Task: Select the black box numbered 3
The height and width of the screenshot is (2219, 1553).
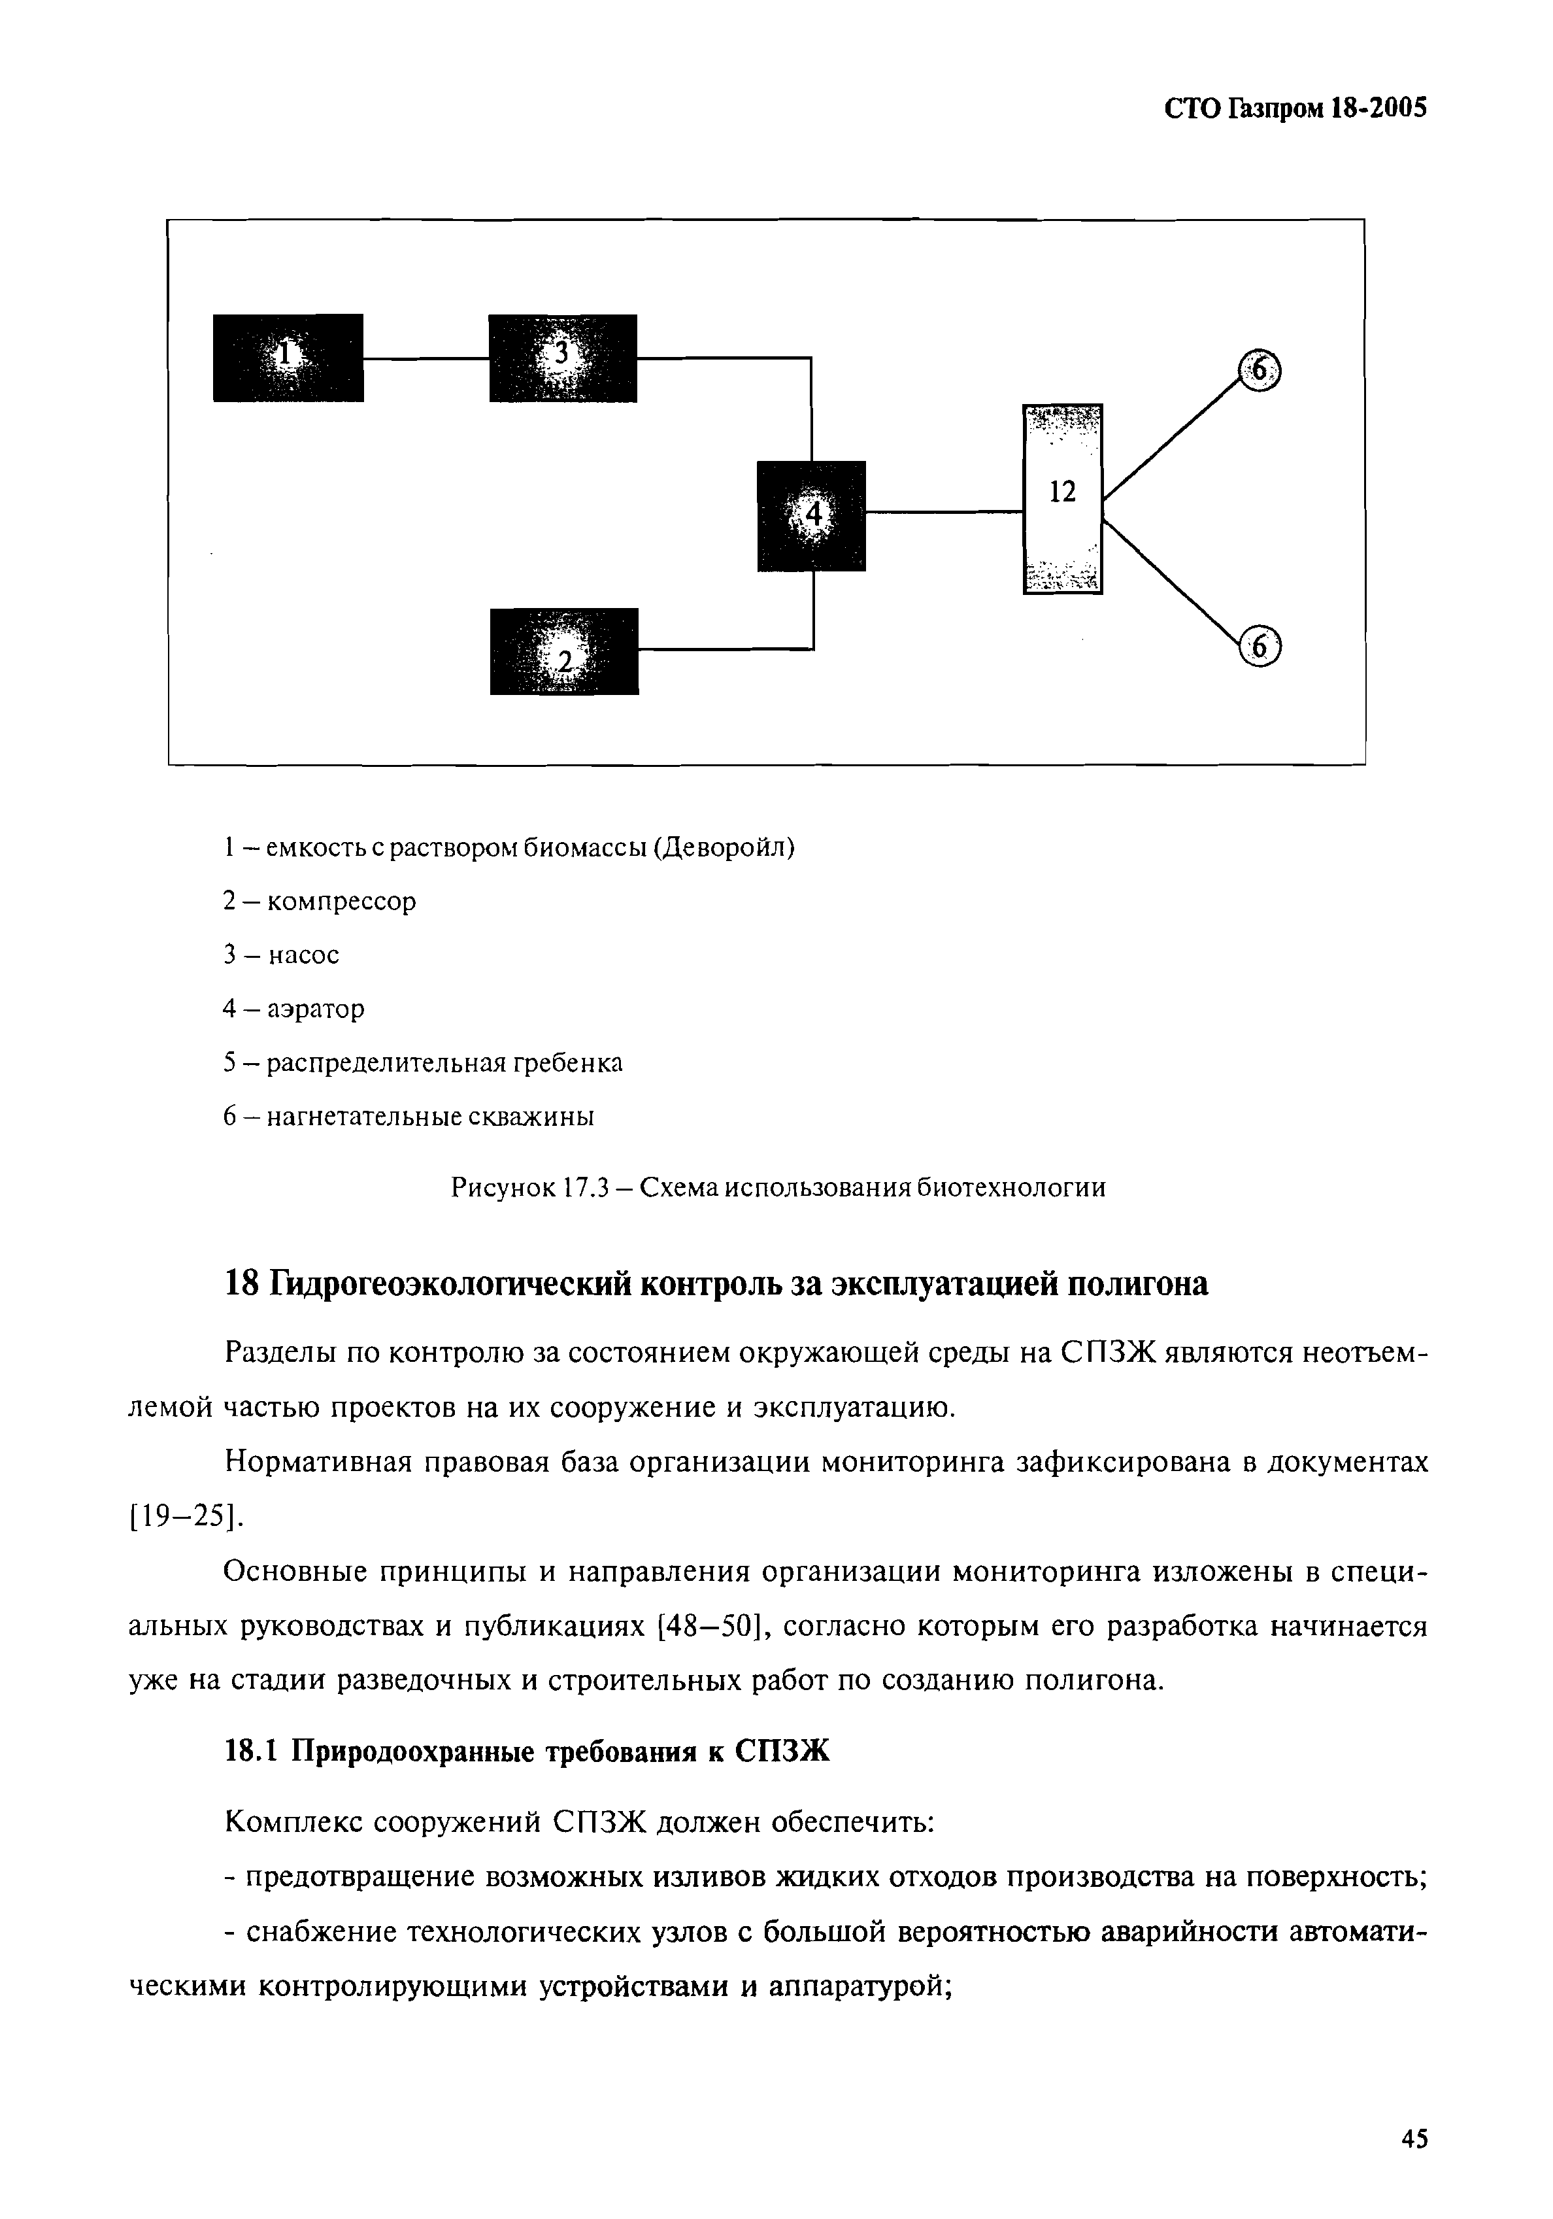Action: [563, 358]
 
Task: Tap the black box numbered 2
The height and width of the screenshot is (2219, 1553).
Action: [563, 651]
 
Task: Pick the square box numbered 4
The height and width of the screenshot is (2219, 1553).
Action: [810, 516]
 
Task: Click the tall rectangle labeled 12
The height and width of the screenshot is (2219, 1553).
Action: [1062, 498]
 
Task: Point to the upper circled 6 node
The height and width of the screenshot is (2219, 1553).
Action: [1258, 370]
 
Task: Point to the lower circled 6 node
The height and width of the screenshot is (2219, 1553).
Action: [1258, 647]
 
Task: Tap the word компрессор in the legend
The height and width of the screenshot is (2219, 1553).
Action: [341, 902]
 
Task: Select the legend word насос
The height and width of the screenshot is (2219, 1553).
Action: [303, 955]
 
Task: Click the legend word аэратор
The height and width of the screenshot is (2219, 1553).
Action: [316, 1009]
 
